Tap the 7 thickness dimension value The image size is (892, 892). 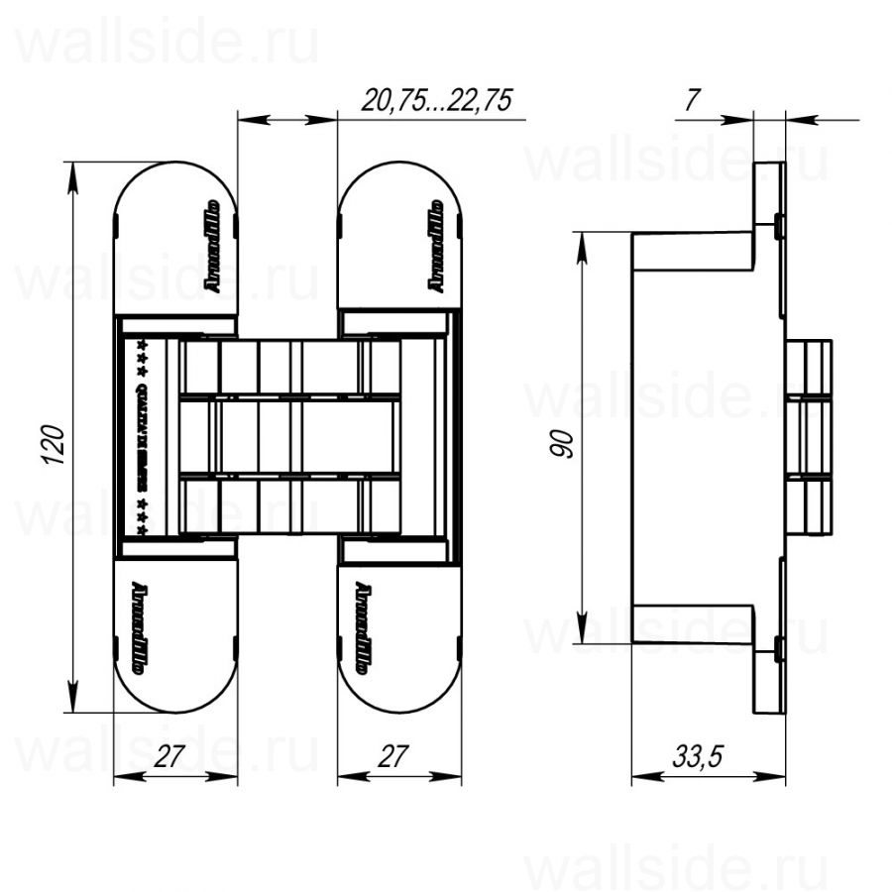coord(693,99)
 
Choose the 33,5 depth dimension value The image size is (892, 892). coord(699,757)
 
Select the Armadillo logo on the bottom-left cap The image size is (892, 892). coord(138,626)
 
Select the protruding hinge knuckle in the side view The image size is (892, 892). coord(809,437)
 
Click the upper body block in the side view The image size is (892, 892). coord(693,251)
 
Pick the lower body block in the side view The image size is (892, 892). coord(693,624)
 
